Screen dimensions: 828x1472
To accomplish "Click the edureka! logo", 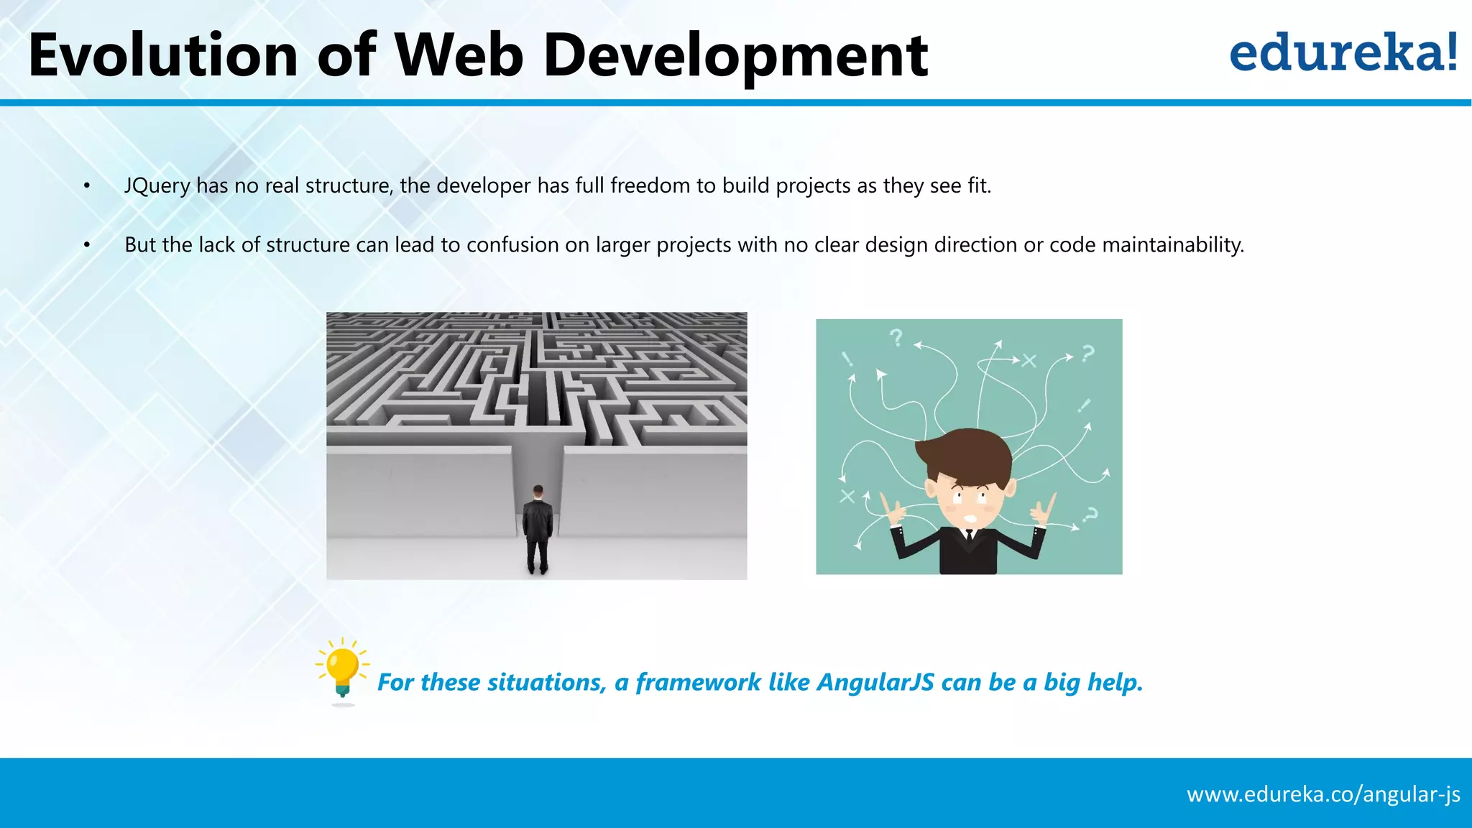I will (1343, 53).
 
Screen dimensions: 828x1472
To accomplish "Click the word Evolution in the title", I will (162, 56).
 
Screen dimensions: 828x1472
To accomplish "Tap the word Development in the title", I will (735, 56).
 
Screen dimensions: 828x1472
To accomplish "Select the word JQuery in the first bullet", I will (157, 186).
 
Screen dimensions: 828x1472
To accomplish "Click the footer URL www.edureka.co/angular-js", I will (1323, 794).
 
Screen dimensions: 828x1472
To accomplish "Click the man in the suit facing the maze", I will (538, 530).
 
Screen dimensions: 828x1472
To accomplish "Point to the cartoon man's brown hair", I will (964, 454).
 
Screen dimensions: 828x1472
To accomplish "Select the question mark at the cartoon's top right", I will (1087, 353).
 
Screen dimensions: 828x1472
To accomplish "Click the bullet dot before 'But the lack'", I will (87, 245).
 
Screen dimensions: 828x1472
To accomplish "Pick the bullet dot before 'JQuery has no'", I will (87, 186).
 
